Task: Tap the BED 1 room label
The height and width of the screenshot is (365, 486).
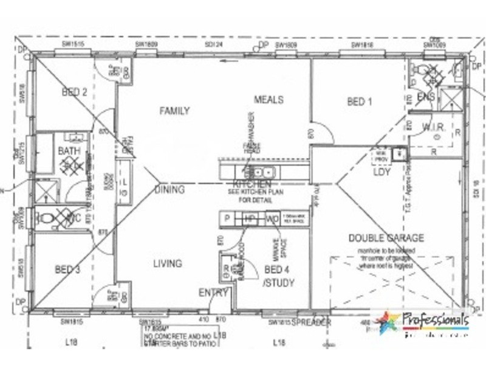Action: (x=360, y=102)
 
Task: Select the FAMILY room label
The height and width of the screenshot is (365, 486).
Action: (x=174, y=111)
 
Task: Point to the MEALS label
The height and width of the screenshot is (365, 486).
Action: (x=269, y=99)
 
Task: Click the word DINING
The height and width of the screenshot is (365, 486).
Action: (x=169, y=190)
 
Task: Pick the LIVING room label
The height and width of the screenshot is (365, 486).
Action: (x=167, y=263)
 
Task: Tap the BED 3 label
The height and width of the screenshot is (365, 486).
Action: (x=67, y=269)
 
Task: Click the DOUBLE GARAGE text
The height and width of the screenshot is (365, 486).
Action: (x=386, y=238)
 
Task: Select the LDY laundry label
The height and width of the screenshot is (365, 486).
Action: (x=381, y=172)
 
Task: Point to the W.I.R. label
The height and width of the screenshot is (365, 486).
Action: (x=434, y=127)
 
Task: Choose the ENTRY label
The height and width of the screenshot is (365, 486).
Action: (x=213, y=293)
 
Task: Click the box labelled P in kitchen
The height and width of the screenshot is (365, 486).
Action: (x=227, y=218)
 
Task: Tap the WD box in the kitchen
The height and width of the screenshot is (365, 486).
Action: (x=272, y=218)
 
